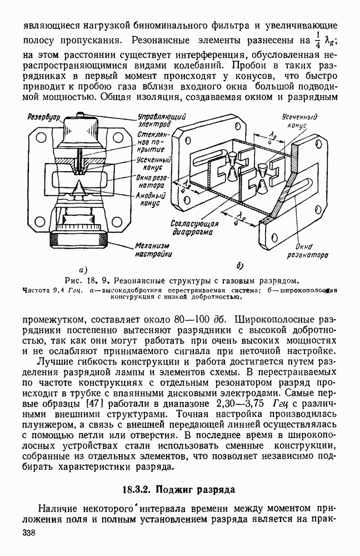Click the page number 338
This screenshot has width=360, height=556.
[29, 533]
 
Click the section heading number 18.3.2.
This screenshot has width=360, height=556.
[138, 490]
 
